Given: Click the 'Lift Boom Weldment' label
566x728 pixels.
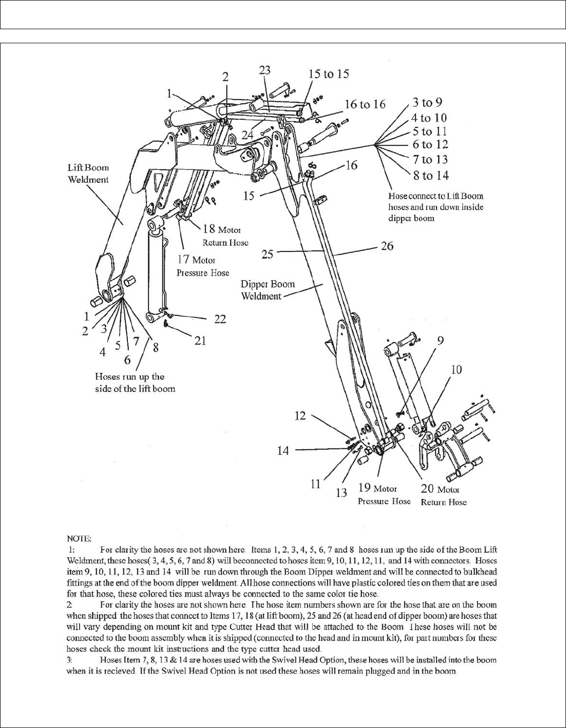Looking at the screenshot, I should (x=89, y=174).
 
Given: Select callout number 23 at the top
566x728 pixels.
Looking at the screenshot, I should (x=265, y=70).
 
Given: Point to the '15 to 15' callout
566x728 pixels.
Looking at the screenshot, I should (x=328, y=74).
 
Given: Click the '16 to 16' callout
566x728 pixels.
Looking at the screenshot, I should (x=365, y=104).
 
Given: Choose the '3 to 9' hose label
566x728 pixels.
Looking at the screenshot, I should (x=427, y=103).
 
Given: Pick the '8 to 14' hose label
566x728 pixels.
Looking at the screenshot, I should (x=431, y=176).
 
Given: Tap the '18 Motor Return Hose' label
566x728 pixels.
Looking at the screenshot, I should (x=225, y=235).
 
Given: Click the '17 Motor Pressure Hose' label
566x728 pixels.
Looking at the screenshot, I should (x=202, y=266).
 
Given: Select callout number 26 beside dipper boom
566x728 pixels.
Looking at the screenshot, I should (x=387, y=246).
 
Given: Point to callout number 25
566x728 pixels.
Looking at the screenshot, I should (x=267, y=254).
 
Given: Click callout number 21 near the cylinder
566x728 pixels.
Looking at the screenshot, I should (x=200, y=341).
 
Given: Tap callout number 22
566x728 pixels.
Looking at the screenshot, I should (x=220, y=319).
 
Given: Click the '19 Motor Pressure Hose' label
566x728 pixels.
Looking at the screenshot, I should (x=384, y=494).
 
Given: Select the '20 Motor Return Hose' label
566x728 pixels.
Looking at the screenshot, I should (x=443, y=495).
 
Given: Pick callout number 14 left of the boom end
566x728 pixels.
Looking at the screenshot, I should (x=283, y=450).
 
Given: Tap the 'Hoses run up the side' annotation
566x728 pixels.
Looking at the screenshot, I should (x=135, y=382).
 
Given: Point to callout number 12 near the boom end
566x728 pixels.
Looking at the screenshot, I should (x=300, y=416).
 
